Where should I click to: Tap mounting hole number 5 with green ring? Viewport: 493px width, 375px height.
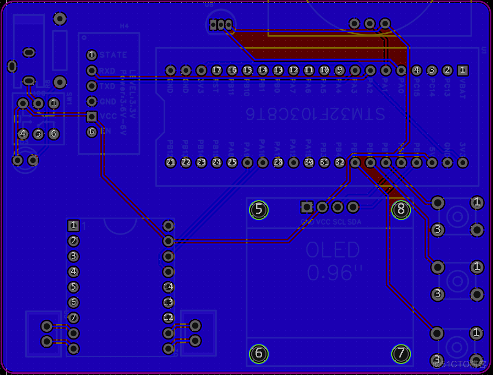point(259,210)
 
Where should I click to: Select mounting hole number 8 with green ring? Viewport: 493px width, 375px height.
point(401,209)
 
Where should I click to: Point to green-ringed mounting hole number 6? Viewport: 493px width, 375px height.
point(259,354)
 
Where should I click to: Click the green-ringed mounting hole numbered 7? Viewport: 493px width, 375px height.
point(401,354)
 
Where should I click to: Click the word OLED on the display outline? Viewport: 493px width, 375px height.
point(332,250)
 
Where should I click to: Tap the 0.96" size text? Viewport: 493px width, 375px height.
point(335,272)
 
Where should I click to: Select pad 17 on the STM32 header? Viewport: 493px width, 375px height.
point(217,70)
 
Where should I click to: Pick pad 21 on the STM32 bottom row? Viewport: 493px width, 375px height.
point(171,162)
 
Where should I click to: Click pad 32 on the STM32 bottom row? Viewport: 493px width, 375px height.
point(340,162)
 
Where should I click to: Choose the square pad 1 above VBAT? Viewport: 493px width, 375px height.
point(463,70)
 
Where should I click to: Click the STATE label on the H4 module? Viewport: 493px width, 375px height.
point(113,55)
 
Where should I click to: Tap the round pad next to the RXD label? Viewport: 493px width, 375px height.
point(92,71)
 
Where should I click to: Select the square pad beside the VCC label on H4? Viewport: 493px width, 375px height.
point(92,116)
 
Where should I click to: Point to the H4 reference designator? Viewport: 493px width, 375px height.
point(124,26)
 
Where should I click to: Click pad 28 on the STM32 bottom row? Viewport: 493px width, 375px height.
point(279,162)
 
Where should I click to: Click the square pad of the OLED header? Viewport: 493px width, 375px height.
point(307,207)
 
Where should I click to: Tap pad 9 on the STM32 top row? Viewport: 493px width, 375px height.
point(340,70)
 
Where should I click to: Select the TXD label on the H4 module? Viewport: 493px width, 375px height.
point(108,86)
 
